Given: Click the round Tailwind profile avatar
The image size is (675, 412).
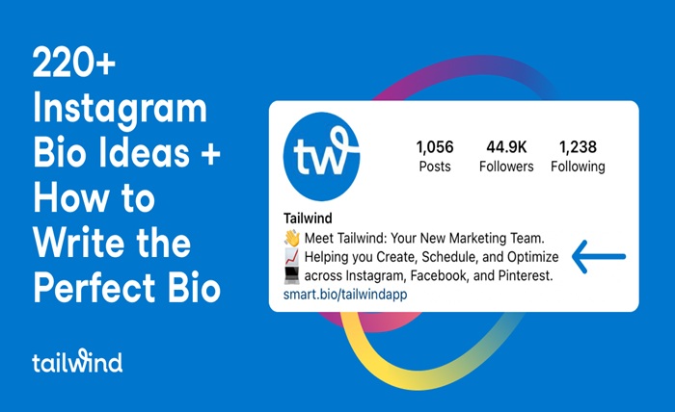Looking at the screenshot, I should click(321, 156).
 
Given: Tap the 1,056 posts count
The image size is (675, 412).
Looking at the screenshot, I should click(434, 147).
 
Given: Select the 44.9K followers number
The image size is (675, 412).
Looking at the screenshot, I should click(505, 147).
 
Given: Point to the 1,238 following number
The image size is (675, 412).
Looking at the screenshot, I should click(578, 147).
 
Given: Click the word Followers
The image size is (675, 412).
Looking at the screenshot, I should click(505, 167).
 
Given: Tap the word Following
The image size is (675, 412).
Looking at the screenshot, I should click(578, 167).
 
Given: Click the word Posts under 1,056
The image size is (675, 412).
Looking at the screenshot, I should click(434, 167).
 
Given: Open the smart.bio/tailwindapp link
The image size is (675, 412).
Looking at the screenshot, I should click(344, 295).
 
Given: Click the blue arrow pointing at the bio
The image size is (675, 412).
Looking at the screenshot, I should click(599, 257).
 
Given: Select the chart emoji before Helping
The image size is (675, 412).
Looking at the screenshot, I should click(291, 258).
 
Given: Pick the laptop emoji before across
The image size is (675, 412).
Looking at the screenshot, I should click(291, 276).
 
